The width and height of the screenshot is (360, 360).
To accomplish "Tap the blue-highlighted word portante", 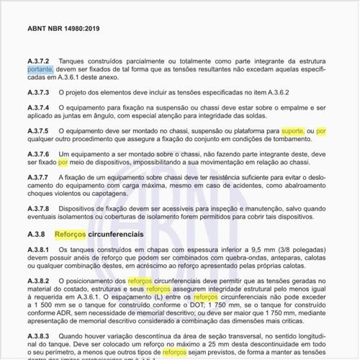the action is click(40, 69).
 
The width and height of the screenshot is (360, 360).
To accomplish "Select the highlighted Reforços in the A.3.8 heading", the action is click(71, 235).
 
